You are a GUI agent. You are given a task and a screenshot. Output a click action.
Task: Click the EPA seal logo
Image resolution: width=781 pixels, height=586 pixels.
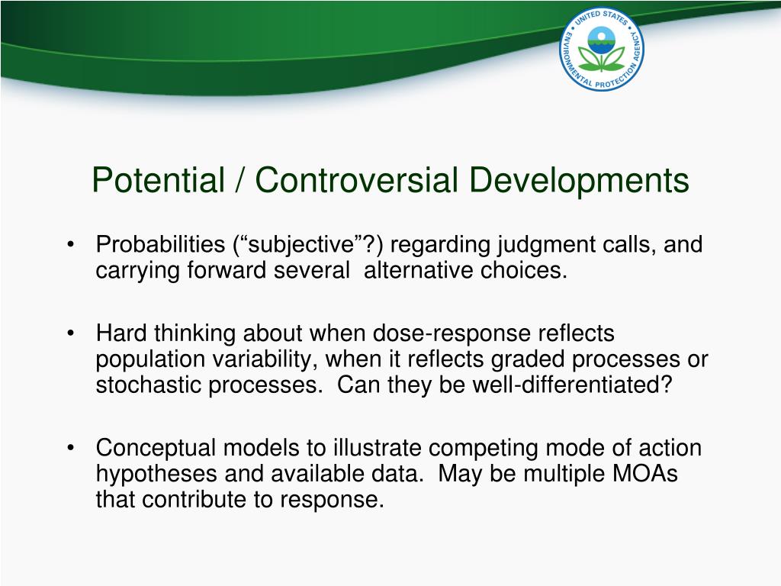coord(602,49)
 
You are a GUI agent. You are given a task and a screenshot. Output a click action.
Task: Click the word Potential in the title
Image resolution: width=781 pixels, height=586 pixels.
coord(159,180)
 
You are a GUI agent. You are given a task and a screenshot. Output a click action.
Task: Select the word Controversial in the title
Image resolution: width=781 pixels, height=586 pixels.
coord(357,180)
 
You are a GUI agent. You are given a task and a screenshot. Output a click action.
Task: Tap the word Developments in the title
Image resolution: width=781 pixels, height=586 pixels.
coord(580,181)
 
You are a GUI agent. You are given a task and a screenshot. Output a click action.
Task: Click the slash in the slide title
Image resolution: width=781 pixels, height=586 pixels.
coord(240,180)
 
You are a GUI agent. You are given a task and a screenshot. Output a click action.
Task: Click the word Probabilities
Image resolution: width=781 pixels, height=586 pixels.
coord(160,244)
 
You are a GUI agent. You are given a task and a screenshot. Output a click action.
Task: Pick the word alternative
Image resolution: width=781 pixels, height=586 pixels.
coord(418,271)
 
